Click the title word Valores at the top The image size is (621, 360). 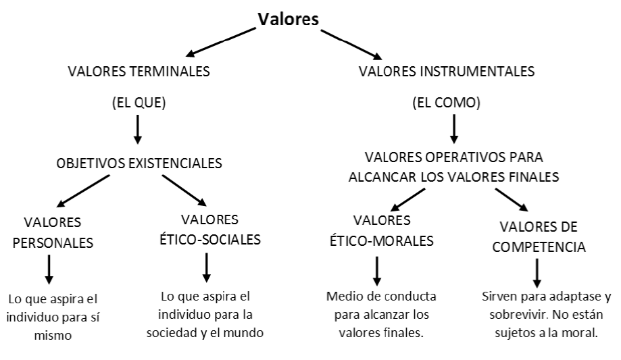tap(288, 19)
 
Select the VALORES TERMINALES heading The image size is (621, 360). tap(139, 72)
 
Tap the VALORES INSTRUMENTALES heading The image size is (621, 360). tap(447, 72)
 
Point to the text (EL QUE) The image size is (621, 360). tap(139, 103)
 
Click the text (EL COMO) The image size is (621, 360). tap(447, 103)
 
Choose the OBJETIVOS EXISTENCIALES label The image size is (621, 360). tap(139, 163)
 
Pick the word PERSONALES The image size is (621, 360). tap(53, 242)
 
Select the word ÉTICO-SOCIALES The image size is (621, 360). tap(210, 240)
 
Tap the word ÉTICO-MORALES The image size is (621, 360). tap(381, 241)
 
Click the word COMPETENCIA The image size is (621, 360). tap(539, 247)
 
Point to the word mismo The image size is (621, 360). tap(53, 336)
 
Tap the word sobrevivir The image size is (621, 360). tap(518, 315)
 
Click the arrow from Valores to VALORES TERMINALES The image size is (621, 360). tap(220, 42)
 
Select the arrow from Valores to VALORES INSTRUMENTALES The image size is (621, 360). tap(351, 45)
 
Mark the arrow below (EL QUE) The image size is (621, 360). tap(137, 130)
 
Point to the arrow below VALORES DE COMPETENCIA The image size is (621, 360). tap(537, 273)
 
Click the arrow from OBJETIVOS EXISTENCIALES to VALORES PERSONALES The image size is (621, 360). tap(82, 191)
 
